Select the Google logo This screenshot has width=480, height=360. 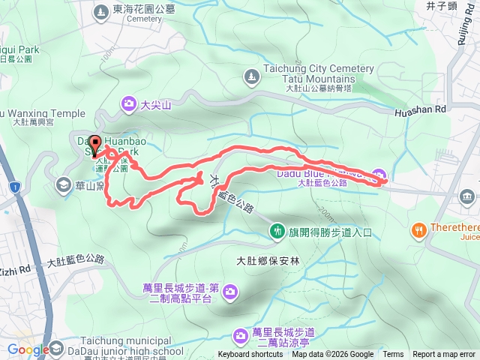[x=28, y=349]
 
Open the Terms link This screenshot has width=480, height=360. [x=393, y=355]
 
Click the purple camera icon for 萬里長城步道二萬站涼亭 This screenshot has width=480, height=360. [x=240, y=334]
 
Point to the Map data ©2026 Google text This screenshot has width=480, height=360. [x=332, y=355]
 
